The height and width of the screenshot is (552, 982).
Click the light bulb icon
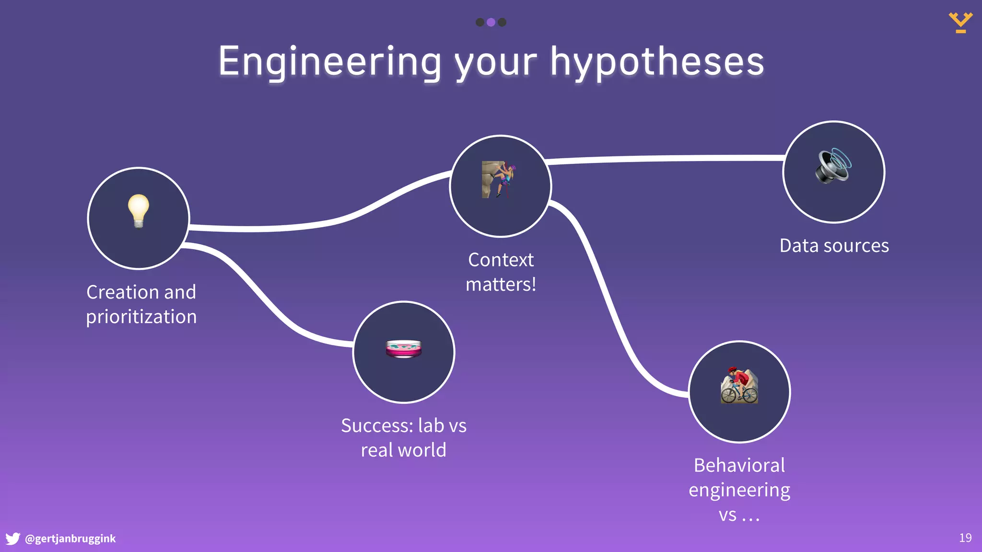pyautogui.click(x=139, y=211)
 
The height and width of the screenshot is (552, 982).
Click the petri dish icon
pyautogui.click(x=404, y=349)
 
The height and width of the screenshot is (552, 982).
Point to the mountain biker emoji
pyautogui.click(x=739, y=386)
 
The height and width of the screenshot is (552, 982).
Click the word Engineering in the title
pyautogui.click(x=329, y=62)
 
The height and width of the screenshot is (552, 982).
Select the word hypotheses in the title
pyautogui.click(x=657, y=62)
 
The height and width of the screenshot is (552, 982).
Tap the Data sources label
pyautogui.click(x=834, y=246)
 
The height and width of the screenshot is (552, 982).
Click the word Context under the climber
pyautogui.click(x=501, y=260)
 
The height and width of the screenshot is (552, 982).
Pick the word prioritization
pyautogui.click(x=141, y=317)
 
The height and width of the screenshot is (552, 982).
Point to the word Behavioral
pyautogui.click(x=739, y=465)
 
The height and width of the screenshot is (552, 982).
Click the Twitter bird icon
pyautogui.click(x=13, y=539)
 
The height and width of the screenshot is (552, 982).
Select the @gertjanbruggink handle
pyautogui.click(x=70, y=539)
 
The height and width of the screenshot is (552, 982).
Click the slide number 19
pyautogui.click(x=965, y=538)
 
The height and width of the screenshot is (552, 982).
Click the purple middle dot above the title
pyautogui.click(x=491, y=22)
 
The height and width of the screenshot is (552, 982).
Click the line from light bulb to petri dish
pyautogui.click(x=259, y=292)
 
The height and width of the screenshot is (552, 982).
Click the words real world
pyautogui.click(x=403, y=450)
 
